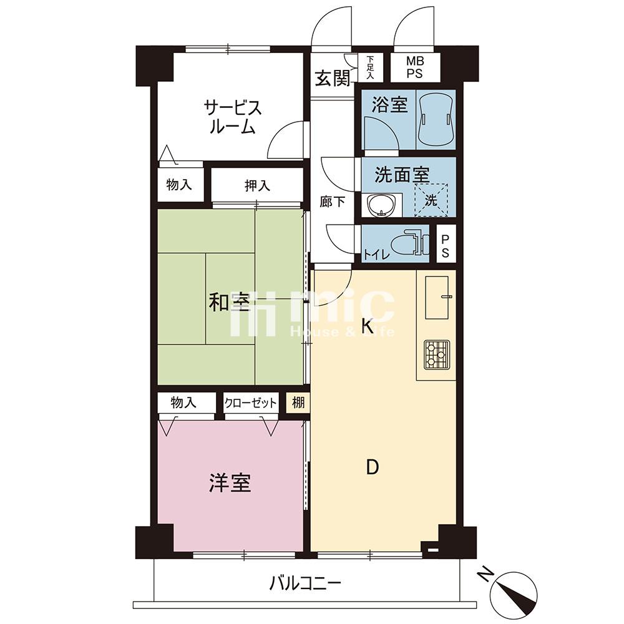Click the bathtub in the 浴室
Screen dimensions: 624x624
[436, 120]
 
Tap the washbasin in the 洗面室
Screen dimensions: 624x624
[381, 205]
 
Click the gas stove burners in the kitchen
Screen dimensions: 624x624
[437, 354]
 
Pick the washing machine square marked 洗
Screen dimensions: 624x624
[431, 200]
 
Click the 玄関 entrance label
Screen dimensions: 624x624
[333, 79]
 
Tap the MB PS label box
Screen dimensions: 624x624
[415, 67]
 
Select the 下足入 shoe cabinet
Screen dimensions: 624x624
[371, 67]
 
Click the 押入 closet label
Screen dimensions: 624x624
[258, 185]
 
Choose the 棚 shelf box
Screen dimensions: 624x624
[298, 403]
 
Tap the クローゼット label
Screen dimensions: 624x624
[250, 403]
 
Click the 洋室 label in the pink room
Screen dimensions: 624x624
[230, 483]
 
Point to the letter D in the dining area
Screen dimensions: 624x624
[372, 467]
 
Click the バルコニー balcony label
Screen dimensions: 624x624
[305, 584]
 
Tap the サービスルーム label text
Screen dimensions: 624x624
[232, 116]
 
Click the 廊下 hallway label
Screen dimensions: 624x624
[333, 202]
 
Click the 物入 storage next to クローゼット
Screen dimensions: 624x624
[183, 402]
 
